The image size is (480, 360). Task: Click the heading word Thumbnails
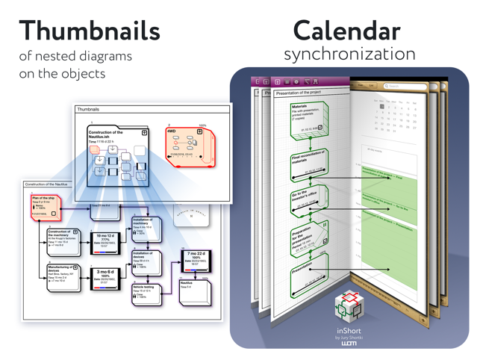(x=90, y=31)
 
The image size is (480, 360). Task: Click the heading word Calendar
(x=346, y=31)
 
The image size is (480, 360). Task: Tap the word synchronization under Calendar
(x=349, y=55)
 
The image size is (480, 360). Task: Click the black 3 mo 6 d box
(x=105, y=277)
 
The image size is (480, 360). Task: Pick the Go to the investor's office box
(x=308, y=200)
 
